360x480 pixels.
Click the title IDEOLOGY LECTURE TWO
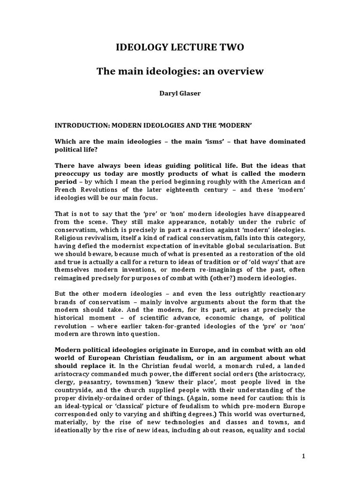pos(180,47)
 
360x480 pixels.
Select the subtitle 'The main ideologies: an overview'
pos(180,72)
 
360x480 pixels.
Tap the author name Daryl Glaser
pos(180,94)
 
